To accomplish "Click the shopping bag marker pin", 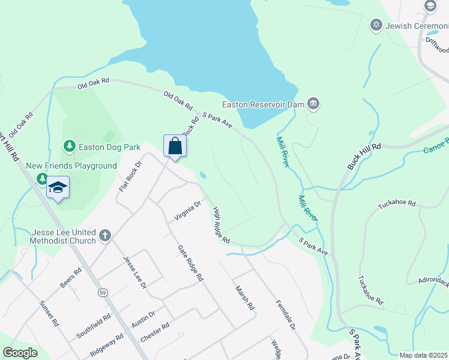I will [x=175, y=146].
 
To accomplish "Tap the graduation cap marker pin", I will [x=58, y=187].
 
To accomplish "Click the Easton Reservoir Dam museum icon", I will [x=313, y=104].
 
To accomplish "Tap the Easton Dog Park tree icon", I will [x=70, y=146].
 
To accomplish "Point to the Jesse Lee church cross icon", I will [x=105, y=235].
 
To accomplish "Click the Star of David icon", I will [x=376, y=25].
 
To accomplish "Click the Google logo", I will [x=20, y=353].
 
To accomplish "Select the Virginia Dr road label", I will [x=187, y=211].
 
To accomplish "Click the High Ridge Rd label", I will [x=221, y=225].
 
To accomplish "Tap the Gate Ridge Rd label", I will [x=190, y=263].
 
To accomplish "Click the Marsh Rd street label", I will [x=245, y=297].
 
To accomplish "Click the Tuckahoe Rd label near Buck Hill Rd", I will [x=397, y=204].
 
